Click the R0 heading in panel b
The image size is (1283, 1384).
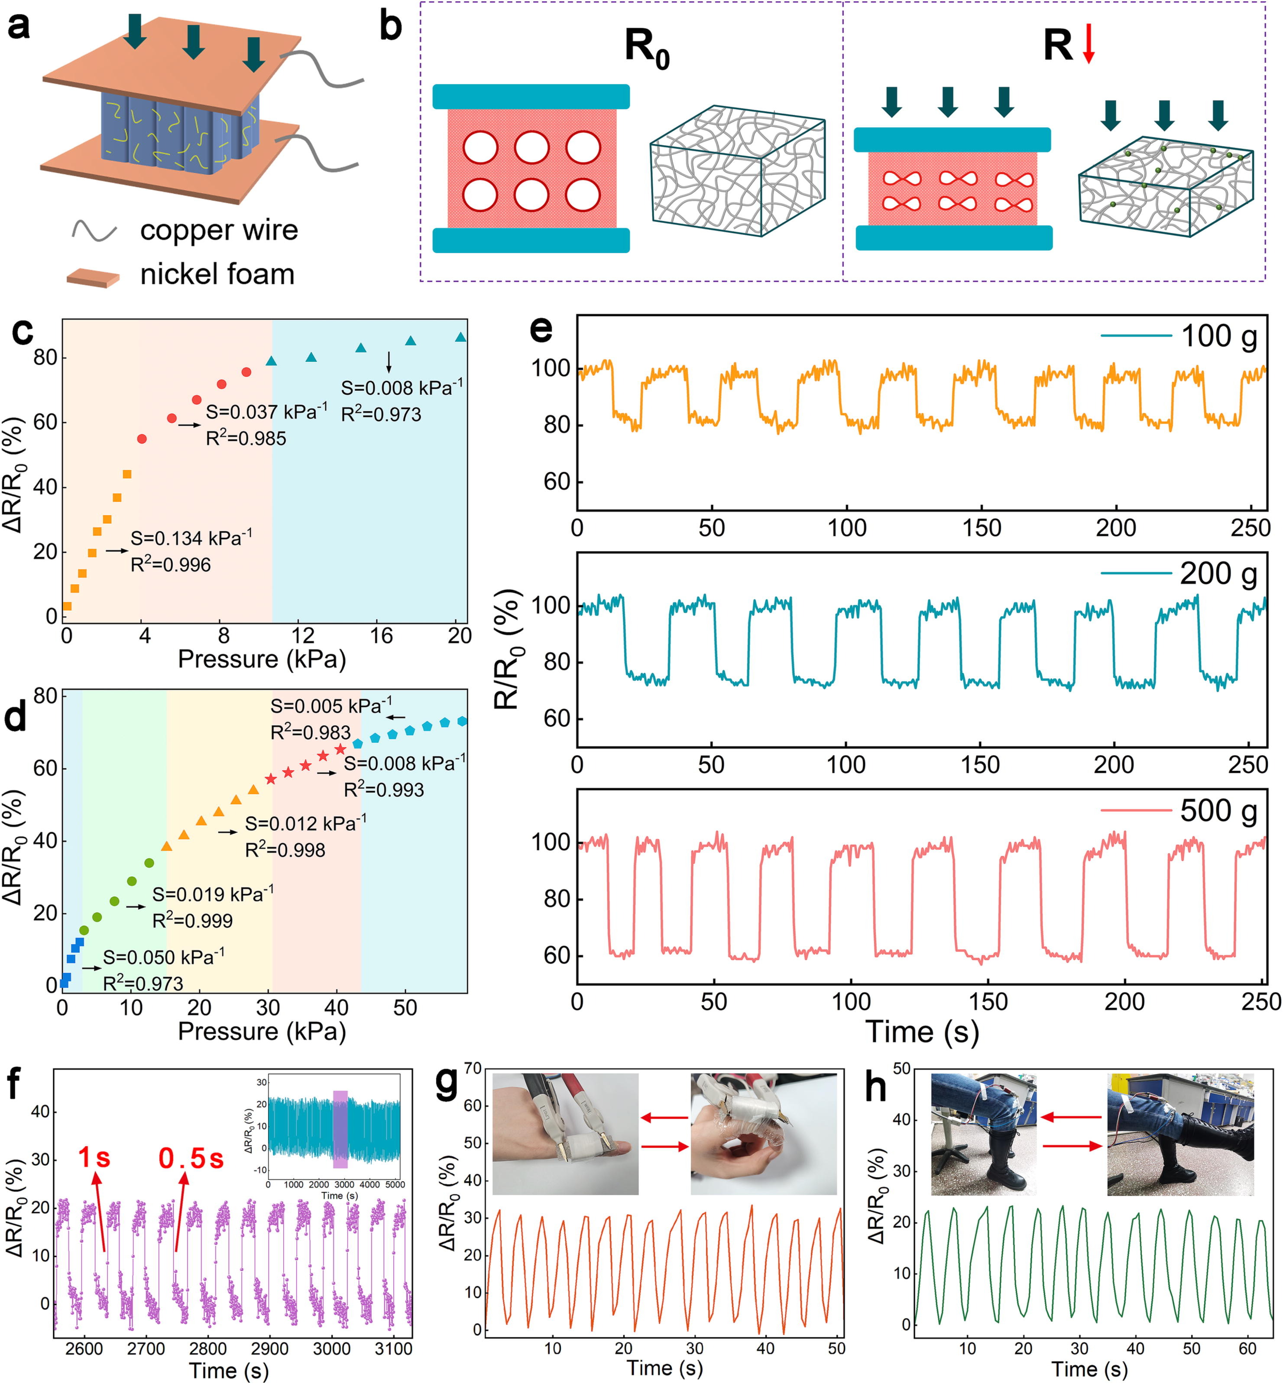tap(646, 48)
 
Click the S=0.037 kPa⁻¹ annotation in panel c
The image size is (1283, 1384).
tap(266, 412)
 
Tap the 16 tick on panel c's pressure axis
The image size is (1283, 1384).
tap(381, 635)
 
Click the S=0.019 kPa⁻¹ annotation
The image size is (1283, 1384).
tap(212, 894)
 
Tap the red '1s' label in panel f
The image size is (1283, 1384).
tap(94, 1158)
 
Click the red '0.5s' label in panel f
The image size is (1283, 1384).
tap(191, 1158)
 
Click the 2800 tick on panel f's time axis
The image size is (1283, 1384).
tap(207, 1348)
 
